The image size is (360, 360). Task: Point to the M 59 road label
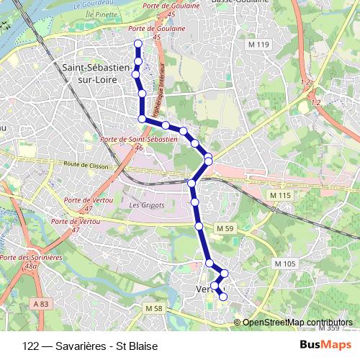[x=225, y=229]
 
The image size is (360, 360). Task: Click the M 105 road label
[x=286, y=264]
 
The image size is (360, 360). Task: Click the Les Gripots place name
[x=147, y=205]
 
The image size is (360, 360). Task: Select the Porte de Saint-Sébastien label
[x=140, y=139]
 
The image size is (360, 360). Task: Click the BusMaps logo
[x=325, y=345]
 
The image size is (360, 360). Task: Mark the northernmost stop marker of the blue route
[x=138, y=44]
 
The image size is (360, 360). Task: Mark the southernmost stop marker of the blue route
[x=223, y=297]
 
